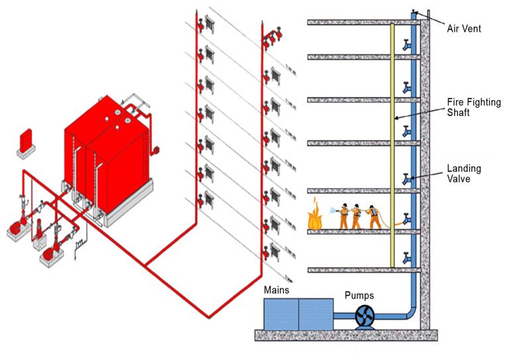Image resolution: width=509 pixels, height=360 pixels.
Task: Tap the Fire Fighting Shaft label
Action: coord(473,107)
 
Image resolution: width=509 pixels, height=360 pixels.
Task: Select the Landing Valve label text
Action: coord(463,174)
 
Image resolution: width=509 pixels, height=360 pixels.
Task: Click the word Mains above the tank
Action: coord(276,290)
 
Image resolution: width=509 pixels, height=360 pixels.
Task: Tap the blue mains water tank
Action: coord(298,314)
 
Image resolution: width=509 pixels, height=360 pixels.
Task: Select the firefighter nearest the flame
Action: coord(343,215)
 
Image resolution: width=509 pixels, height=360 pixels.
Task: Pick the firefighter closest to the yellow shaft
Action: coord(376,215)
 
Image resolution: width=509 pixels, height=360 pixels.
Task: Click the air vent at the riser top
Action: coord(414,13)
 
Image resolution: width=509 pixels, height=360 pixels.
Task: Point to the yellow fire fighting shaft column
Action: coord(392,146)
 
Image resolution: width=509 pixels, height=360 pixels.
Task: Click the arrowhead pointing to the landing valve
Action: coord(414,177)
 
